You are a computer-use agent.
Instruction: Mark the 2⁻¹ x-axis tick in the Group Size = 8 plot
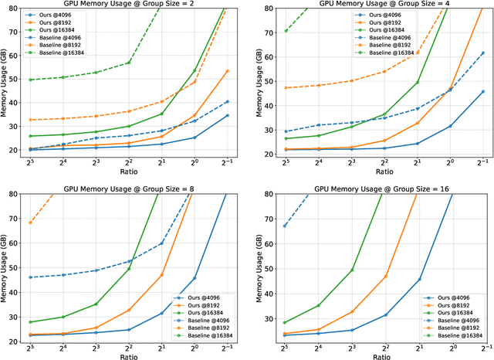pos(228,348)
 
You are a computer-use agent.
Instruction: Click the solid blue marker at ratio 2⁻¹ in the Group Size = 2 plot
pos(227,115)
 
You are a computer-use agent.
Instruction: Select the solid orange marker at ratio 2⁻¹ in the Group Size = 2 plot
pos(227,71)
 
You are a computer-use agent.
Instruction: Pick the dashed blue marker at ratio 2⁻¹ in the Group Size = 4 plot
pos(482,53)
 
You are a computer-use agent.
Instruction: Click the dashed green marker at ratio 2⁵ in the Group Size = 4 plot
pos(286,31)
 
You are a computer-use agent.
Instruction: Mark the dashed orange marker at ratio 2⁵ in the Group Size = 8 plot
pos(31,222)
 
